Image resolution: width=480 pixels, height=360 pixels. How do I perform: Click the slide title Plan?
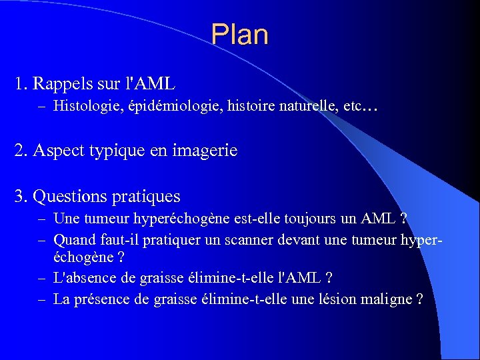(x=239, y=35)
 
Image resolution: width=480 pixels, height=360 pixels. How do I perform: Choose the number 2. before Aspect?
(x=21, y=151)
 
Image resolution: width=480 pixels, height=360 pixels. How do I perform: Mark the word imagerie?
(x=206, y=151)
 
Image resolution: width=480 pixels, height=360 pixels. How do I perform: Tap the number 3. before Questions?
(x=21, y=197)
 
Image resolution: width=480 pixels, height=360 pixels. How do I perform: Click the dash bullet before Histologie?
(x=43, y=105)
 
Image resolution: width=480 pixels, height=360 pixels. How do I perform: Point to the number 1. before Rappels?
(x=21, y=84)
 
